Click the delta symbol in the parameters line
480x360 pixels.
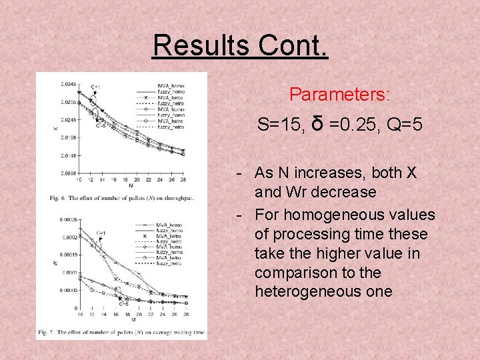pos(317,123)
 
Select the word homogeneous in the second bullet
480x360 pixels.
pos(333,215)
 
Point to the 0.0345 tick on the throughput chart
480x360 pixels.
pos(68,85)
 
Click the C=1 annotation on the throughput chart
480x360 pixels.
pos(97,87)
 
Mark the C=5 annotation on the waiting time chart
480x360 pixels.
pos(124,304)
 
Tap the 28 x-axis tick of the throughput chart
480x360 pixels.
pos(183,179)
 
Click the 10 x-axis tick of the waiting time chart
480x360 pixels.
pos(79,313)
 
